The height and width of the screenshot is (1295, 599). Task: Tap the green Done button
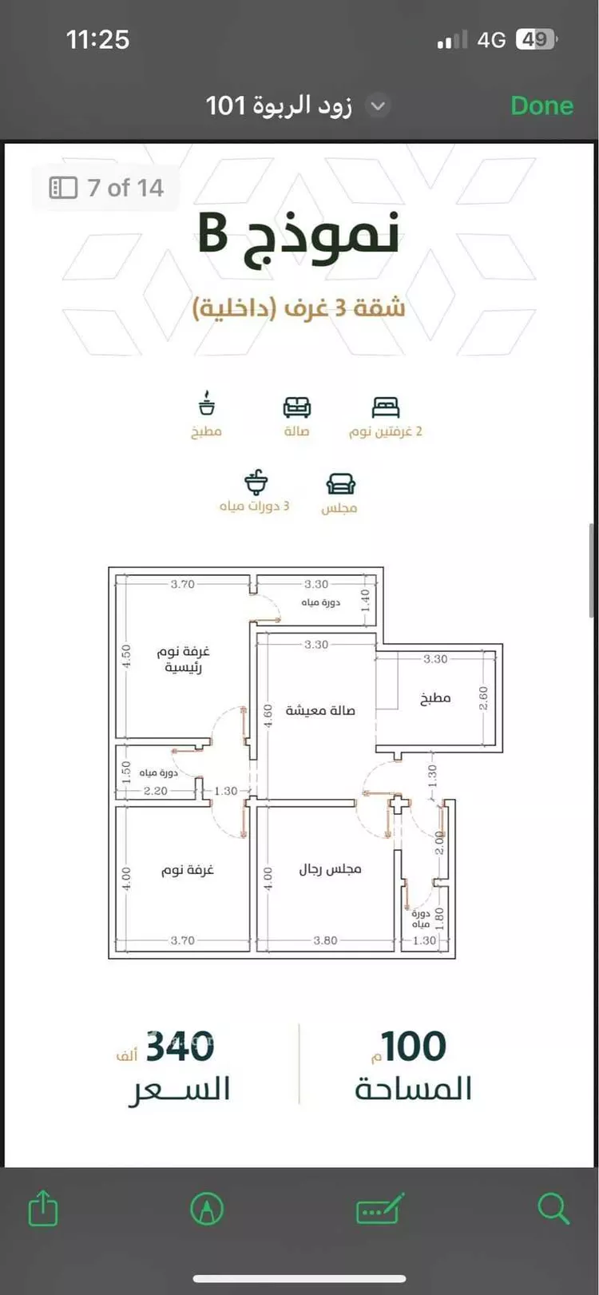[x=541, y=105]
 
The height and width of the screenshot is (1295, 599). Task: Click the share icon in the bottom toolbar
[x=43, y=1207]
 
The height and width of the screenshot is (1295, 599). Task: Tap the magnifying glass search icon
[x=553, y=1208]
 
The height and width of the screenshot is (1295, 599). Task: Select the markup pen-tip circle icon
[x=207, y=1208]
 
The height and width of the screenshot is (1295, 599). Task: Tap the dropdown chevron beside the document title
[x=378, y=106]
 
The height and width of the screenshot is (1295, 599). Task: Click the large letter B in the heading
[x=212, y=233]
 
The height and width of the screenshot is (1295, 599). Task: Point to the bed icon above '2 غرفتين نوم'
[x=386, y=407]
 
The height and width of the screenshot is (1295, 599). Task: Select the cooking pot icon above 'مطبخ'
[x=206, y=403]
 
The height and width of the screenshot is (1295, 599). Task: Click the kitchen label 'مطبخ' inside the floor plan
[x=434, y=697]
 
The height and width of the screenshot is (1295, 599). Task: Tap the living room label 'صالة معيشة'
[x=319, y=710]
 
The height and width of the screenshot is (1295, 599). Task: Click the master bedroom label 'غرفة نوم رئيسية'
[x=183, y=659]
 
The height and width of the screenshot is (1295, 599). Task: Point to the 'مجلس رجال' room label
[x=330, y=869]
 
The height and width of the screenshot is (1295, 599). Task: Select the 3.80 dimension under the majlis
[x=325, y=940]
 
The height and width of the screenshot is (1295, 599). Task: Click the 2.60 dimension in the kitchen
[x=483, y=697]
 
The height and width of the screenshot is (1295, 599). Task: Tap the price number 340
[x=180, y=1047]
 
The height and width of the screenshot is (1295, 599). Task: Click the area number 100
[x=414, y=1047]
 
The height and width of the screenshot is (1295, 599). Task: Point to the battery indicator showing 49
[x=536, y=39]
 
